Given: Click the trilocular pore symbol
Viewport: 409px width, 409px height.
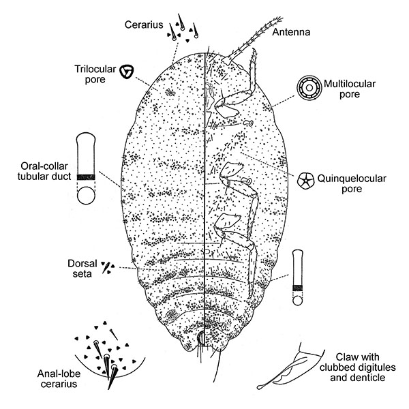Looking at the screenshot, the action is (x=127, y=72).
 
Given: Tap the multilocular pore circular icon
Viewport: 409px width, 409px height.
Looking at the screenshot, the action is (x=309, y=88).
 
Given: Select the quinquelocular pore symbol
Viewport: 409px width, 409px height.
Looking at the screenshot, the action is (x=305, y=180).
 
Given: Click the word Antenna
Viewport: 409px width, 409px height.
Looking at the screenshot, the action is (x=291, y=32).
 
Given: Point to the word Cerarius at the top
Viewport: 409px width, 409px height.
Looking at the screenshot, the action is (x=144, y=25).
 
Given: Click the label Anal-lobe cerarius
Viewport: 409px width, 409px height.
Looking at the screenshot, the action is (x=59, y=379).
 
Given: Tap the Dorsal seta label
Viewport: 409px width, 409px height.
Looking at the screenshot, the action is (x=82, y=269).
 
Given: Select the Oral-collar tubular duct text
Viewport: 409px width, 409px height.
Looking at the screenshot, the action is (x=44, y=171).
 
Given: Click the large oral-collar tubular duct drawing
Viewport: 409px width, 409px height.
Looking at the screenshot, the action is (x=86, y=168).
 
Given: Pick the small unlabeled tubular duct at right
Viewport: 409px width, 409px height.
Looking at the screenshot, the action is (x=298, y=277).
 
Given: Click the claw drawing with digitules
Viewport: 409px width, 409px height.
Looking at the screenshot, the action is (x=291, y=367).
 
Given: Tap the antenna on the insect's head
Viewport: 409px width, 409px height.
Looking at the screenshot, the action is (x=252, y=40).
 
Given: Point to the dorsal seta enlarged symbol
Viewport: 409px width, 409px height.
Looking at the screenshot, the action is (x=108, y=268).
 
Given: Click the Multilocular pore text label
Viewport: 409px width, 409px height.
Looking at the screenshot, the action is (x=350, y=89).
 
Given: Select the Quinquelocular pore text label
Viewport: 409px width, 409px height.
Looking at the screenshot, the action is (x=352, y=183).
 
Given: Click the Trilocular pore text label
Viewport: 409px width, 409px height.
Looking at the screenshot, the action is (x=95, y=74).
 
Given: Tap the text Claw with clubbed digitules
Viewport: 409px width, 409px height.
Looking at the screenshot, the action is (x=358, y=362).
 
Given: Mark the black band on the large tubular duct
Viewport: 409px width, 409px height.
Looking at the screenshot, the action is (x=86, y=177).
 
